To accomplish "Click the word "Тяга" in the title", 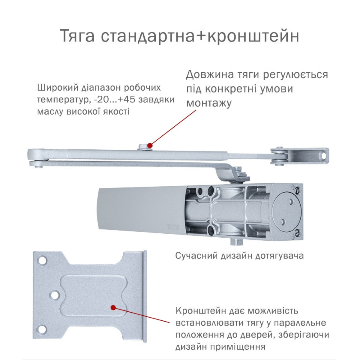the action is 77,36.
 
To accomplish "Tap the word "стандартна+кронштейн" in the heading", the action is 200,36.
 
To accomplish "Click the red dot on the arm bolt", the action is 150,145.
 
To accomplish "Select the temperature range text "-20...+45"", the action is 115,100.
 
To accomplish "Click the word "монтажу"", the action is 209,103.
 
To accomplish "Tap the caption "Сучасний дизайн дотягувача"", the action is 239,256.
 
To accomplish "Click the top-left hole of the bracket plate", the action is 42,260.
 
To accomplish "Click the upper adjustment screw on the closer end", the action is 297,190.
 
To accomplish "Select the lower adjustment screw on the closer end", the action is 297,233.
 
